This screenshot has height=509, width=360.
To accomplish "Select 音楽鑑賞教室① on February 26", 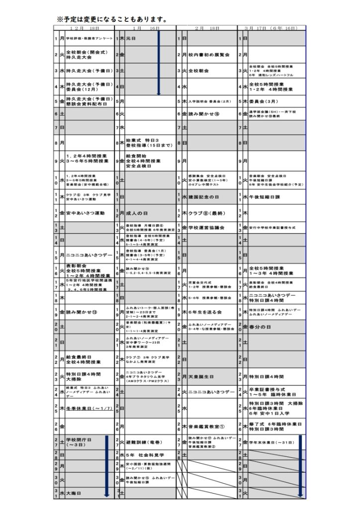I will point(207,426).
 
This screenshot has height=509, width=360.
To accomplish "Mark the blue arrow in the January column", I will point(158,63).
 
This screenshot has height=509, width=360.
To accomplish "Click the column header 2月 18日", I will point(207,28).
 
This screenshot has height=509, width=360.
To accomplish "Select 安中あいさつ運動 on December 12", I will point(85,213).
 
